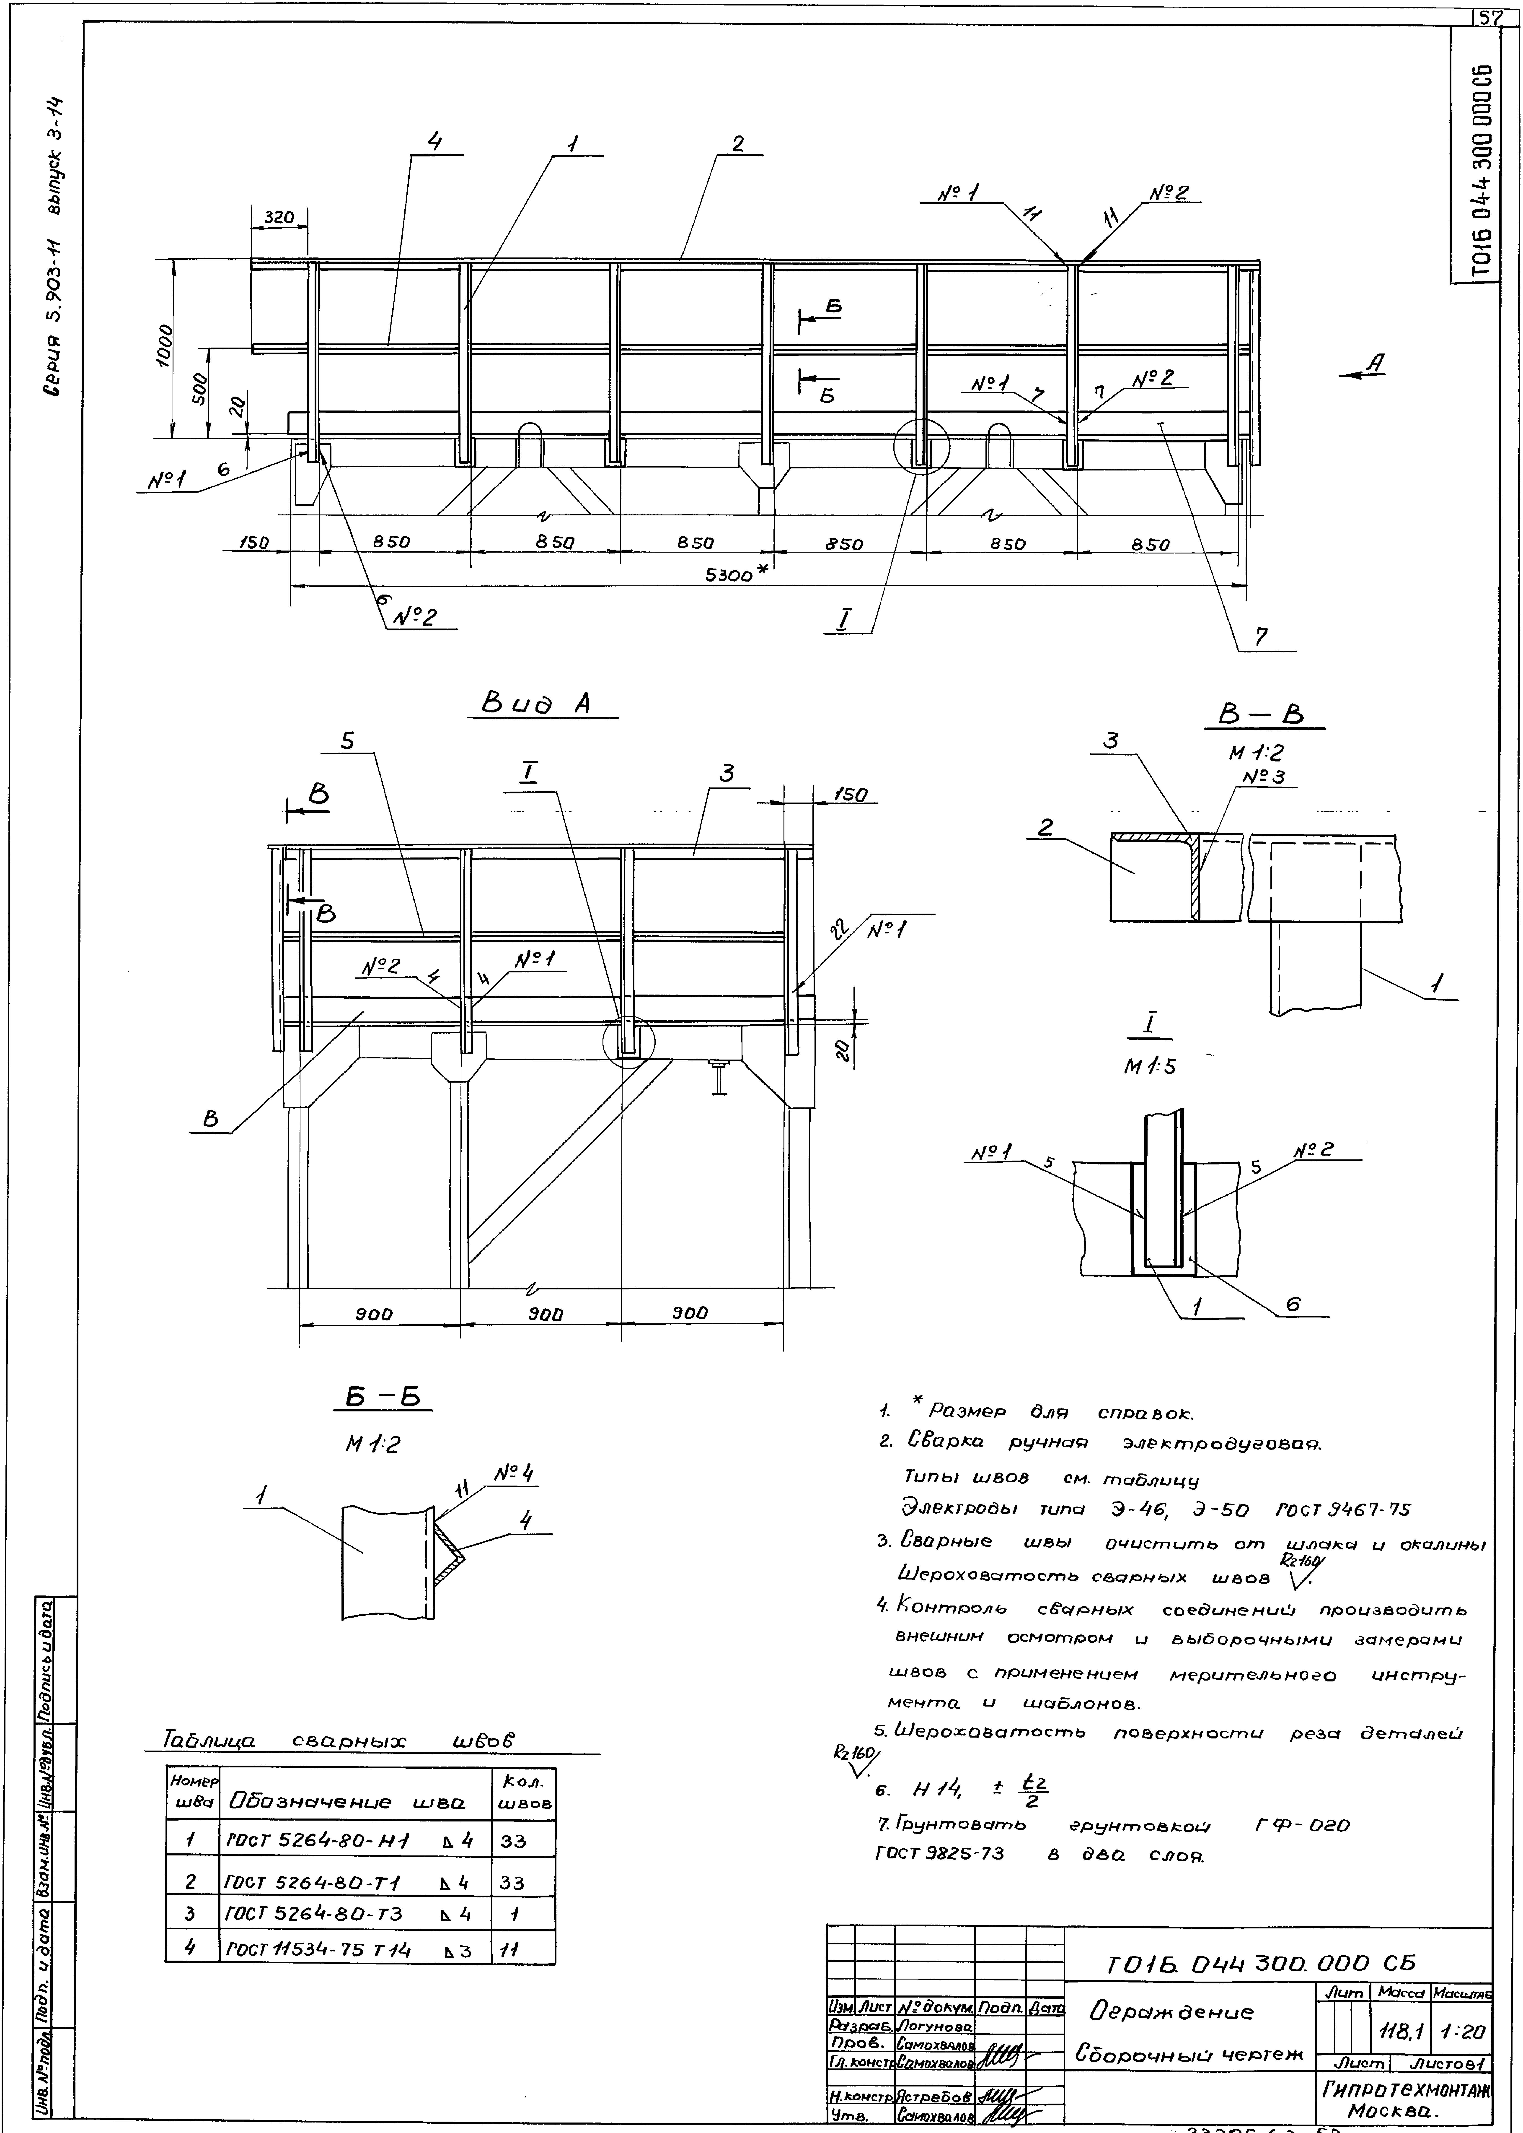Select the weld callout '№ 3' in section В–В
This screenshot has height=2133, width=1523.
[x=1262, y=778]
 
